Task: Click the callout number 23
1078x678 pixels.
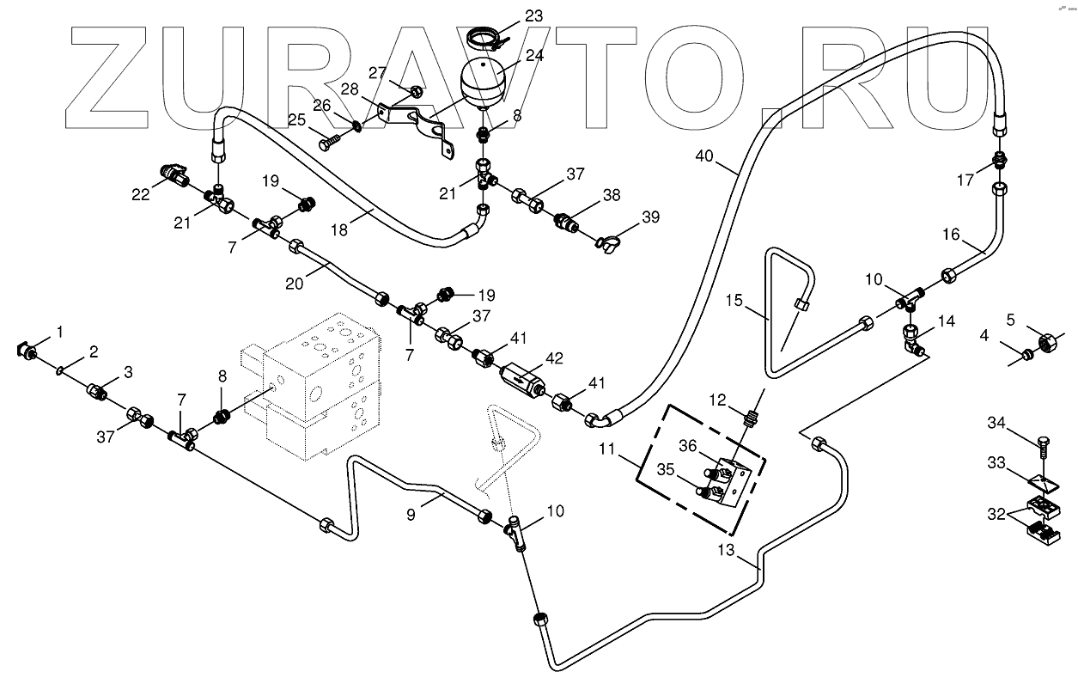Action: coord(533,16)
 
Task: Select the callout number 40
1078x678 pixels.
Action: coord(704,156)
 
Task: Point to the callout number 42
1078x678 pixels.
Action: coord(554,358)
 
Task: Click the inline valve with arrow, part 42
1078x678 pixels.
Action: coord(522,380)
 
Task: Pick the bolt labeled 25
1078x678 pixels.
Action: coord(330,143)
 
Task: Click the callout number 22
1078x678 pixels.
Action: coord(141,194)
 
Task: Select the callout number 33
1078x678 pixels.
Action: coord(996,463)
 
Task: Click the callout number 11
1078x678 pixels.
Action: coord(606,449)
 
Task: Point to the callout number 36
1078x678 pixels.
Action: coord(688,446)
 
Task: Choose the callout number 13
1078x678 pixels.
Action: coord(726,550)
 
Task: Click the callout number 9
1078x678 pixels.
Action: coord(411,516)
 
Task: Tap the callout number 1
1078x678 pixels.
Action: coord(59,332)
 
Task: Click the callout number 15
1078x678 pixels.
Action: coord(734,301)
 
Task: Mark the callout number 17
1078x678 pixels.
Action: coord(965,180)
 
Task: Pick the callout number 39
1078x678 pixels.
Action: coord(650,217)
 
